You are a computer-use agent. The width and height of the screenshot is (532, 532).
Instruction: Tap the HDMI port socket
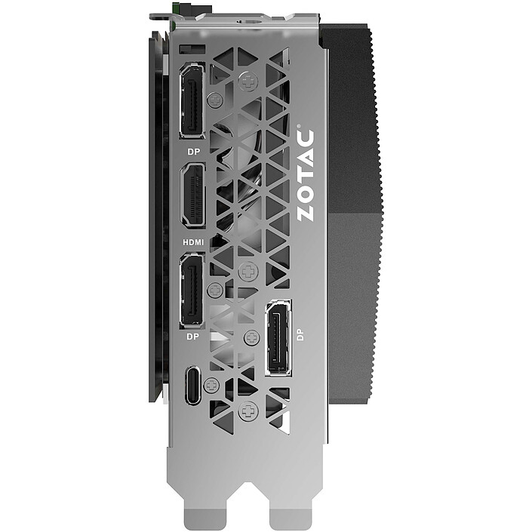(192, 195)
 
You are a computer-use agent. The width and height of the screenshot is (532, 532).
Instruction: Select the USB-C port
(192, 385)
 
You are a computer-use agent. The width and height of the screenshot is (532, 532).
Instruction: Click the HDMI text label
(194, 242)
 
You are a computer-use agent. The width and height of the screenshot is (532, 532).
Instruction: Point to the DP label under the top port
(192, 151)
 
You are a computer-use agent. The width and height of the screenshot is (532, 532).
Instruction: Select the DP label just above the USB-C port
(192, 337)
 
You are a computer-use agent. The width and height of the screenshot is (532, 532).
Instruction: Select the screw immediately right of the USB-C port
(211, 385)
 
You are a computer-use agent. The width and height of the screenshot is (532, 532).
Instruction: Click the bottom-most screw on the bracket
(248, 411)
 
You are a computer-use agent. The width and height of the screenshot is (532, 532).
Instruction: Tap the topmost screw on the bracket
(248, 81)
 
